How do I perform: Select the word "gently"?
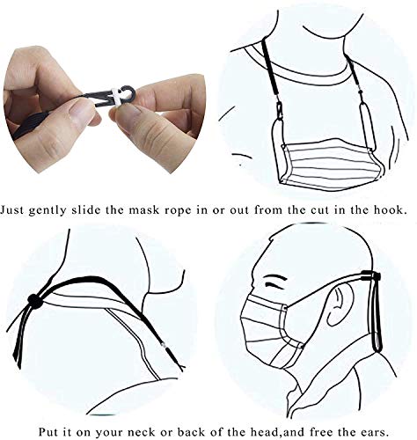pos(55,211)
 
